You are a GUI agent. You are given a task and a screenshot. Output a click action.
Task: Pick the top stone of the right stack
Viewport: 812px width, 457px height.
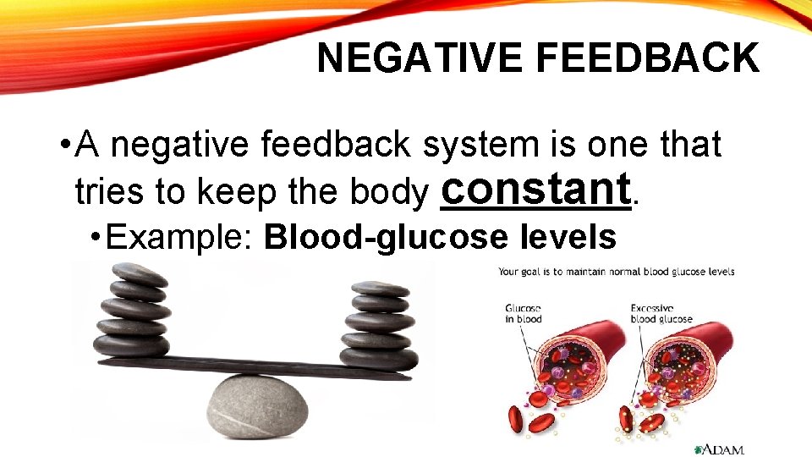point(380,289)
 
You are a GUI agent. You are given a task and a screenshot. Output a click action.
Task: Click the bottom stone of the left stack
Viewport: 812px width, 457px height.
point(131,345)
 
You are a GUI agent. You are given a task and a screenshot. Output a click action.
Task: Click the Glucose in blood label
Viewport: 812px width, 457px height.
point(524,313)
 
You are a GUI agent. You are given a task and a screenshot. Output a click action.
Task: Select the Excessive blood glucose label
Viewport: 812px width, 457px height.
point(661,313)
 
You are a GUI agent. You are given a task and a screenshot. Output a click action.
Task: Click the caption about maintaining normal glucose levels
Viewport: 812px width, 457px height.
point(616,272)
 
